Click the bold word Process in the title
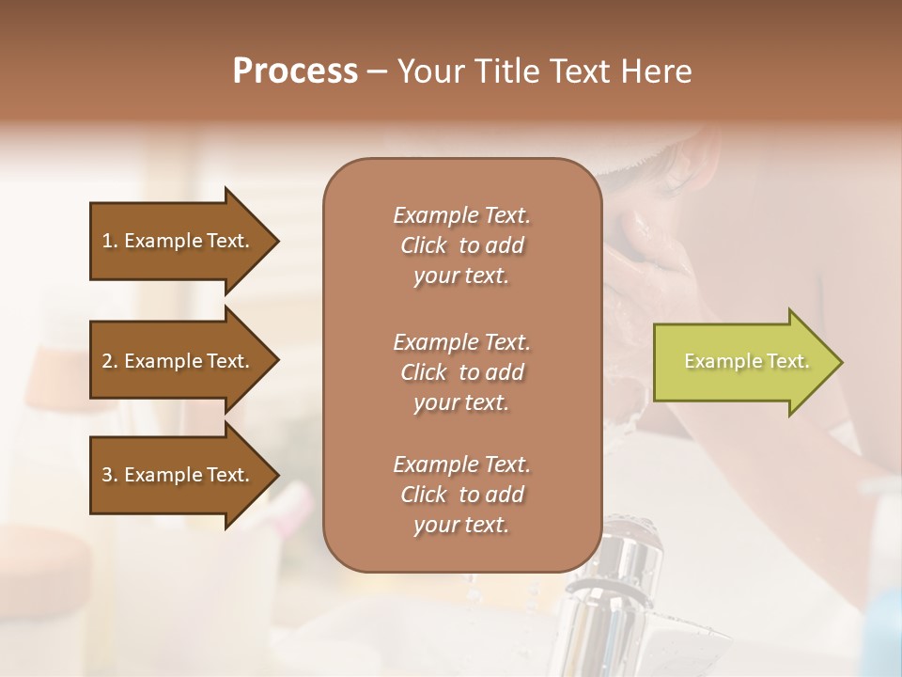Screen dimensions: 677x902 pos(295,71)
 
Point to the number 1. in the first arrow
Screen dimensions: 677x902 pos(110,241)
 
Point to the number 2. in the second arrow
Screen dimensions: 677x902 pos(110,361)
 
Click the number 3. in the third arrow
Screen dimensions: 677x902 pos(110,475)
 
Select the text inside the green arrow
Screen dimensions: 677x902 pos(746,362)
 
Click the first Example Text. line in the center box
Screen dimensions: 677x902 pos(461,215)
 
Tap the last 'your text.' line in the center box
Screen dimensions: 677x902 pos(461,525)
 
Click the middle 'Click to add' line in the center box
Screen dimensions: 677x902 pos(461,372)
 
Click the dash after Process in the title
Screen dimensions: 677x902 pos(377,71)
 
